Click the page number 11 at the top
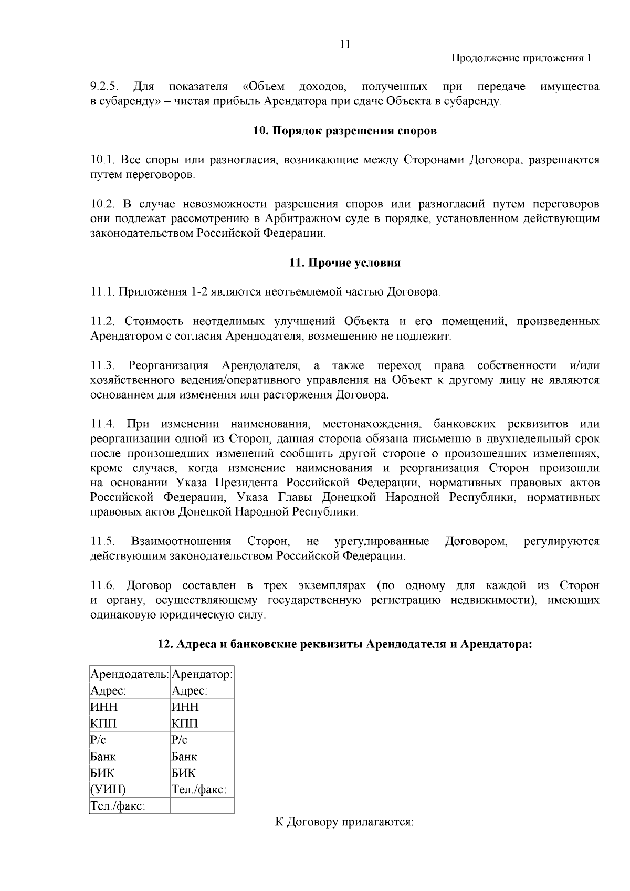click(x=344, y=45)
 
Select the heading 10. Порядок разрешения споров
click(x=344, y=131)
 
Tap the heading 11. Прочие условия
click(x=344, y=263)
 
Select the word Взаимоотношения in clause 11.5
click(x=181, y=541)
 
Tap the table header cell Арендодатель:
click(x=130, y=674)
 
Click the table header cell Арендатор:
click(x=202, y=674)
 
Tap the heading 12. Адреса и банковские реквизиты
click(x=344, y=644)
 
